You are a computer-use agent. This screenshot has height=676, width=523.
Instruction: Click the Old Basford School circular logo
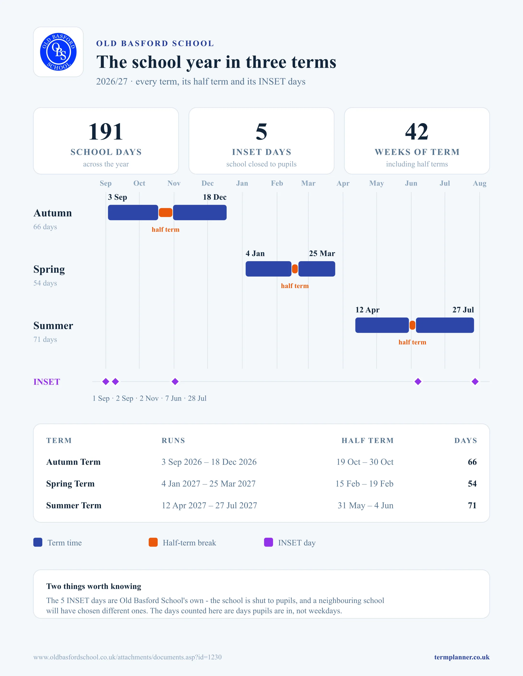[58, 52]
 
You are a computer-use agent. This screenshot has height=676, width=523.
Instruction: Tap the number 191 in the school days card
[106, 132]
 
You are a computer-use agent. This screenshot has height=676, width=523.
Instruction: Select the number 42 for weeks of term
[417, 132]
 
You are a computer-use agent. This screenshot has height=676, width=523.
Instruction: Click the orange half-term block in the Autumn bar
[165, 213]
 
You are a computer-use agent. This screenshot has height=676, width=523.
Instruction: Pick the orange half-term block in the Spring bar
[295, 269]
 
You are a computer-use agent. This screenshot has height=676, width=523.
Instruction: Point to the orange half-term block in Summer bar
[412, 325]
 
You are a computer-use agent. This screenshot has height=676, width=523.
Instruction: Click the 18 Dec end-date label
[215, 197]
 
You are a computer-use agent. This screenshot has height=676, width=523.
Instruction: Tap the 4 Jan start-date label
[255, 253]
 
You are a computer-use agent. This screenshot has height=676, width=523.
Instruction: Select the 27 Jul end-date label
[463, 310]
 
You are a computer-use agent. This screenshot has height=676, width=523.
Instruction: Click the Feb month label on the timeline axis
[277, 183]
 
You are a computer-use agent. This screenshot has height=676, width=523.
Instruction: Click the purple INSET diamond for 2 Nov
[175, 382]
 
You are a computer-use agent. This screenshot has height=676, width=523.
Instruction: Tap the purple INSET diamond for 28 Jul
[475, 382]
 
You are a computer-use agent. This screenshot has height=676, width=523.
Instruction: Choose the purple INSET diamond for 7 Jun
[418, 382]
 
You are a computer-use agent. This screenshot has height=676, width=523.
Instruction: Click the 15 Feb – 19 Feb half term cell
[364, 484]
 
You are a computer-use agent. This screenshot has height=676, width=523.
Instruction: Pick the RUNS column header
[173, 441]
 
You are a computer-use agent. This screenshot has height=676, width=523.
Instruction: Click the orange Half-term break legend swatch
[153, 542]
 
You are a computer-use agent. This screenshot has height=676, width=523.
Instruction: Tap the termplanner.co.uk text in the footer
[462, 657]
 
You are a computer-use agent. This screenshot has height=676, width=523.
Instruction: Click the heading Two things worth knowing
[93, 586]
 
